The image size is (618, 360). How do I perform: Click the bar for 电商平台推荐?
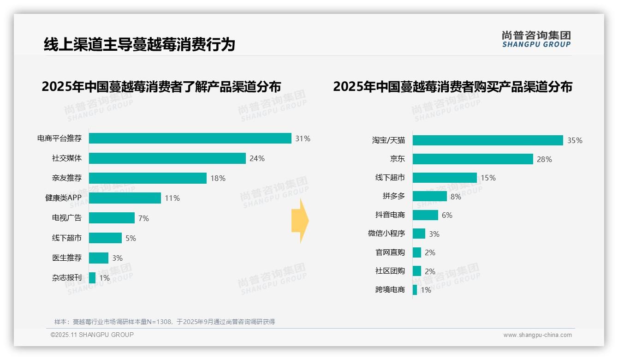(x=190, y=138)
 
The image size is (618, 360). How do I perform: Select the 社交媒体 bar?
(x=167, y=158)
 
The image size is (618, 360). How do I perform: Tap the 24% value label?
(x=257, y=159)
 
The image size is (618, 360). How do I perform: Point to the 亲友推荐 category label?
(x=67, y=178)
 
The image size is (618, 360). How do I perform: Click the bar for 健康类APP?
(x=125, y=198)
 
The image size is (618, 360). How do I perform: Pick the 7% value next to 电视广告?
(x=143, y=218)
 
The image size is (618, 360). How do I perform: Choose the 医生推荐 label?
(x=67, y=258)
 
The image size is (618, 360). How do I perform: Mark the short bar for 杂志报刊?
(x=92, y=278)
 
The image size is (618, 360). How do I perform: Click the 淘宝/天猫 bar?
(x=487, y=140)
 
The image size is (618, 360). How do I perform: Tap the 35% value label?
(x=575, y=141)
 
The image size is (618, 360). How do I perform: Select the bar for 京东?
(x=473, y=159)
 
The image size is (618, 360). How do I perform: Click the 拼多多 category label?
(x=394, y=196)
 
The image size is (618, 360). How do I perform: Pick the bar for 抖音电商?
(x=425, y=215)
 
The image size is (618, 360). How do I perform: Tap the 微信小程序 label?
(x=386, y=234)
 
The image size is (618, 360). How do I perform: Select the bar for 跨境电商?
(x=415, y=290)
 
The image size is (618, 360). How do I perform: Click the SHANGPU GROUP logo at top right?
(x=536, y=39)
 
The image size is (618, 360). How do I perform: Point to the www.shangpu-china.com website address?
(x=537, y=335)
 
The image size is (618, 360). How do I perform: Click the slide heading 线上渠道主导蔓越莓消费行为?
(x=139, y=44)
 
